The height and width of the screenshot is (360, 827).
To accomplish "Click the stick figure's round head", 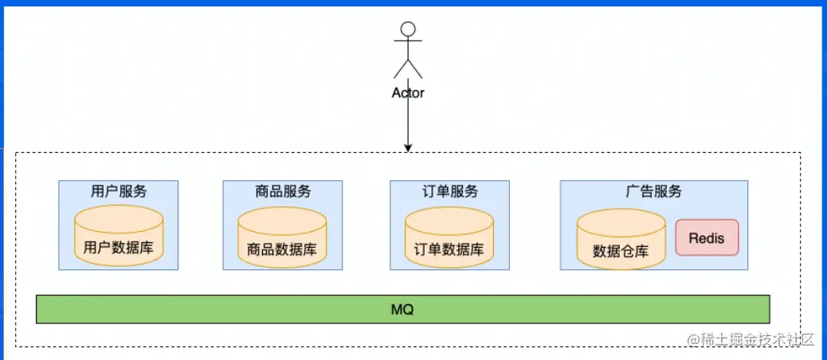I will [x=408, y=30].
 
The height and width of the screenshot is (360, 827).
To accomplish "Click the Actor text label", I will [x=408, y=92].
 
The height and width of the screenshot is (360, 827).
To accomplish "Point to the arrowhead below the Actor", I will [x=408, y=147].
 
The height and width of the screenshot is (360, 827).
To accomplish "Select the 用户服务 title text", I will [x=119, y=192].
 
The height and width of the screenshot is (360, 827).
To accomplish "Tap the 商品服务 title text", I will [x=283, y=192].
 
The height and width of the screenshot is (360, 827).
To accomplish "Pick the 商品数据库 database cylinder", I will [x=283, y=237].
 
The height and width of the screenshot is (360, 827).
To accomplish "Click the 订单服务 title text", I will [x=449, y=192].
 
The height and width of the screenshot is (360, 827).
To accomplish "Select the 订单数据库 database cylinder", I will [x=449, y=237].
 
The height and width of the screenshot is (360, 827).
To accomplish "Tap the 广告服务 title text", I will [x=653, y=192].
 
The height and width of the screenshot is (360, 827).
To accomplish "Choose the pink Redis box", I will [x=707, y=237].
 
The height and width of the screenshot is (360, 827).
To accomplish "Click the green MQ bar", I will [x=239, y=309].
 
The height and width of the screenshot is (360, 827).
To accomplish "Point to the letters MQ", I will [x=402, y=309].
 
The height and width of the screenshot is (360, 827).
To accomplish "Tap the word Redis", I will [x=707, y=237].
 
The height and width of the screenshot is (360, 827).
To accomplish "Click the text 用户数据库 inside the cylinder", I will [x=119, y=248].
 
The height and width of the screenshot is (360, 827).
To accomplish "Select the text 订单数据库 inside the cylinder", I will [x=449, y=249].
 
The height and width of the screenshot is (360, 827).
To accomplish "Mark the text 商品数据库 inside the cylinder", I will [x=283, y=249].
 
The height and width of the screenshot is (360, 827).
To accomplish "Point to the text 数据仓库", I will [x=621, y=251].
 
